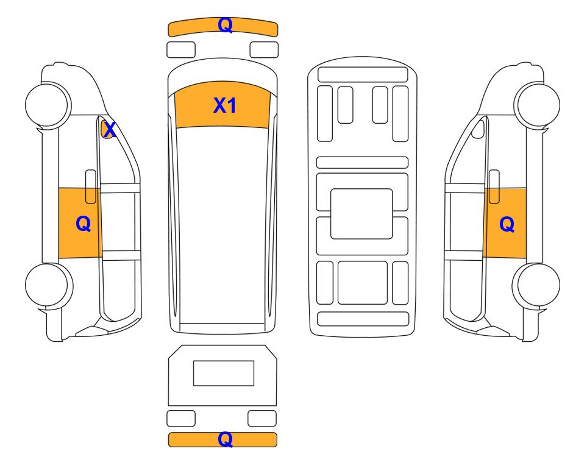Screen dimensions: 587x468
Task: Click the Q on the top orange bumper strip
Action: (x=226, y=25)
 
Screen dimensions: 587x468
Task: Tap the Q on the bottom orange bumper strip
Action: (x=226, y=439)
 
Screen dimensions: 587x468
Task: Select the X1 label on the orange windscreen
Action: (x=224, y=105)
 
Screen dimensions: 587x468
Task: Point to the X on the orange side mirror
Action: (x=110, y=130)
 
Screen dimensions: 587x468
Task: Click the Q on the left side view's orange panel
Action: (x=83, y=224)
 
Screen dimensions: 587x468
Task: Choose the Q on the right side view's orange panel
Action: (x=507, y=224)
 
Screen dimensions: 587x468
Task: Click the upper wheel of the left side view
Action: (x=48, y=104)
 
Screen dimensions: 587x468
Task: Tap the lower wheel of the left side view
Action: (x=49, y=286)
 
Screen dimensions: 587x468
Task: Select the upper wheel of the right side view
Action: (x=537, y=104)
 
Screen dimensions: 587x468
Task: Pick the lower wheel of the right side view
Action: (x=536, y=286)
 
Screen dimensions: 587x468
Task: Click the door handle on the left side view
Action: (x=91, y=186)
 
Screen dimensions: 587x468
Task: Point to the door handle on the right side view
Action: (x=494, y=186)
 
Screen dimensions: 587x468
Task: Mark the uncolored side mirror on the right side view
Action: (x=478, y=129)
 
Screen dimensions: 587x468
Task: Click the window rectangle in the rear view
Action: (x=224, y=373)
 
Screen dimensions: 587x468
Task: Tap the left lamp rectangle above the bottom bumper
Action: (x=181, y=418)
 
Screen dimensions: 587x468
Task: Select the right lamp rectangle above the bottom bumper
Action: (x=262, y=418)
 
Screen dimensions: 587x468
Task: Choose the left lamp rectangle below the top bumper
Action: (x=181, y=50)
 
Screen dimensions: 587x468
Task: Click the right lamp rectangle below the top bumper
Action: (x=264, y=50)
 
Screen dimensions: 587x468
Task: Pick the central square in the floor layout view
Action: (x=361, y=214)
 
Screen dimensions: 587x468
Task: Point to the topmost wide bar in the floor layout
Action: (x=363, y=74)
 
